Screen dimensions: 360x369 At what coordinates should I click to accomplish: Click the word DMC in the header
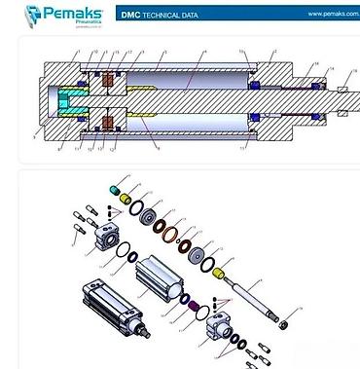pos(129,16)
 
